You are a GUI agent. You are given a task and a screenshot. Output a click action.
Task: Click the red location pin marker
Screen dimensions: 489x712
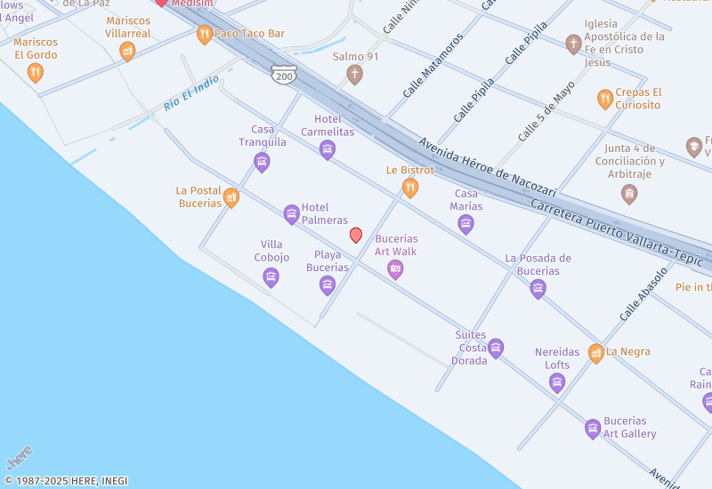click(356, 235)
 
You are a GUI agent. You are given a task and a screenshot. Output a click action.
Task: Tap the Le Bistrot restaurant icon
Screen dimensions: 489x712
click(409, 187)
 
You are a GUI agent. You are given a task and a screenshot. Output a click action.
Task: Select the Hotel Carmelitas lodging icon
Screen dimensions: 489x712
click(328, 149)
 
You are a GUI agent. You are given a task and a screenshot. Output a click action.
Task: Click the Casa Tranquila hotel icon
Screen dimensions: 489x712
click(262, 161)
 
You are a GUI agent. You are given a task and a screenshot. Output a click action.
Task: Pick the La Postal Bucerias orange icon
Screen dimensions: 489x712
click(231, 197)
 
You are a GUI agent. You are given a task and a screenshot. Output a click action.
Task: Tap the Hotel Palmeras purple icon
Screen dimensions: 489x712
click(291, 213)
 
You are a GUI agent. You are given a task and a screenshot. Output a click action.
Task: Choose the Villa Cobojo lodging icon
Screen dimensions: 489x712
click(271, 277)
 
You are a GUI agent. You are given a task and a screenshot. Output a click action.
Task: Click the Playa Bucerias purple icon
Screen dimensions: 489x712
click(328, 285)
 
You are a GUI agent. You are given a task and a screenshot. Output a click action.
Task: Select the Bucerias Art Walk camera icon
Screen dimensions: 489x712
click(395, 269)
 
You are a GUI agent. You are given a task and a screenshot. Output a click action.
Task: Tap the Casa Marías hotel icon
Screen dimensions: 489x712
click(465, 224)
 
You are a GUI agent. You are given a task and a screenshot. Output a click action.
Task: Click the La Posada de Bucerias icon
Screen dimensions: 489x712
click(538, 288)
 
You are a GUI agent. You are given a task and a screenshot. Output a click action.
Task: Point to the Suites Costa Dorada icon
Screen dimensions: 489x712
click(496, 348)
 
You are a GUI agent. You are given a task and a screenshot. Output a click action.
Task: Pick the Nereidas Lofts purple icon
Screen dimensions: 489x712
click(557, 382)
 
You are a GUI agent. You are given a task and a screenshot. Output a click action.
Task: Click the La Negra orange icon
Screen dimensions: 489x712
click(595, 352)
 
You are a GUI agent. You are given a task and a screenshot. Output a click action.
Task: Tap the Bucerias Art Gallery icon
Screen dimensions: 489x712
click(593, 429)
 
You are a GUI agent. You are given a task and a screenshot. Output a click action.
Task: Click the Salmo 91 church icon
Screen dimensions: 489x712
click(354, 74)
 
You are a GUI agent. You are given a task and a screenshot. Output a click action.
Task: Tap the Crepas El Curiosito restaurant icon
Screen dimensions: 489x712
click(605, 99)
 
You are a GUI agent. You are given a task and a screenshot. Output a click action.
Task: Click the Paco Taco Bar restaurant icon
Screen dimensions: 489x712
click(205, 35)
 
